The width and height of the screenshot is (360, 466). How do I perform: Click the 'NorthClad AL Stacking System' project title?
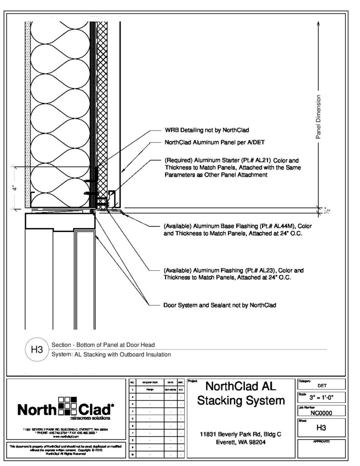point(242,394)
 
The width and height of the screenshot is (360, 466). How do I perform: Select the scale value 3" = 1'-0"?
point(321,396)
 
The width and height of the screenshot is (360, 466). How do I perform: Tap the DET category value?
point(321,385)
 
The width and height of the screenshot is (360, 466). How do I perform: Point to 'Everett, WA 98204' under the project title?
point(242,442)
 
